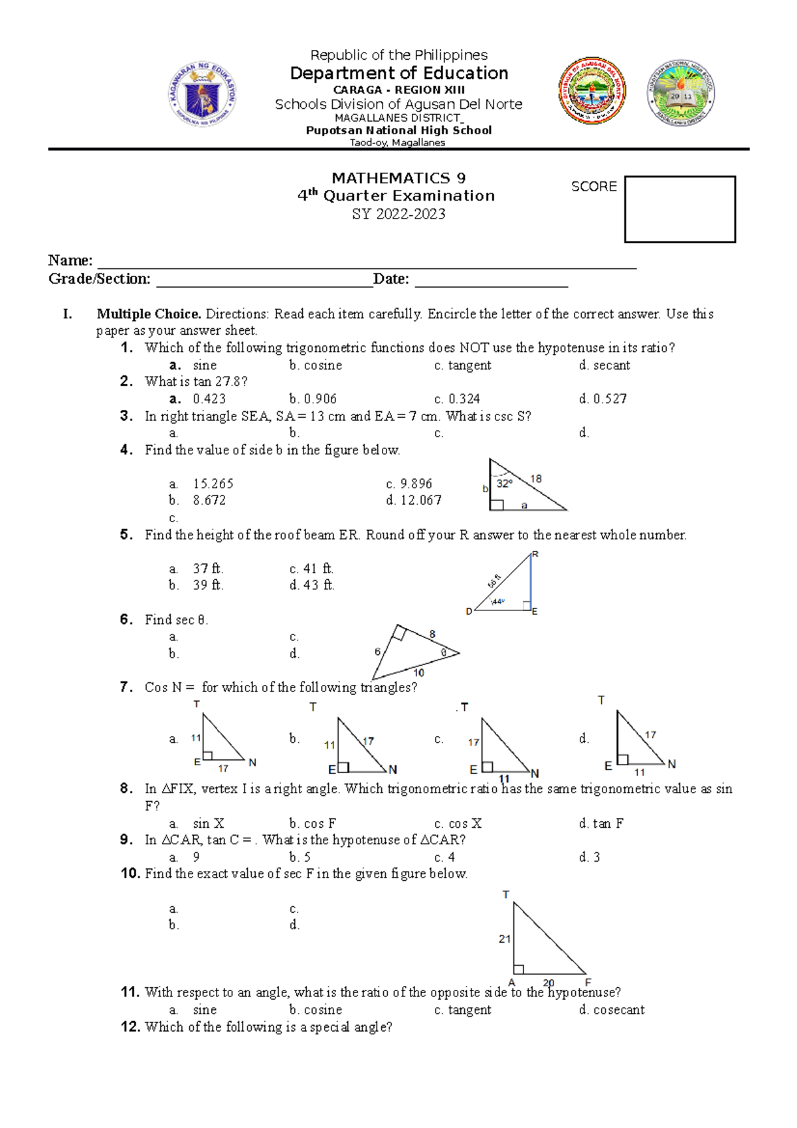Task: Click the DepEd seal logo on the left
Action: (201, 94)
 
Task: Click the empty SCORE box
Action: (679, 209)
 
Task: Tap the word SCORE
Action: (594, 187)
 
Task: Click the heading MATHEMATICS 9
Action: (398, 178)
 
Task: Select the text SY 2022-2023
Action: (398, 214)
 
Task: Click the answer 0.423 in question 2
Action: (209, 399)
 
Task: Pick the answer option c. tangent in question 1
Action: (463, 365)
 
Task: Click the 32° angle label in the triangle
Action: (504, 484)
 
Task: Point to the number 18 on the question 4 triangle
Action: (536, 478)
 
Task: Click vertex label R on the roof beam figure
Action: (535, 554)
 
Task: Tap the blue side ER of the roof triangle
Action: (531, 581)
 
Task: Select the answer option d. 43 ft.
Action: (312, 585)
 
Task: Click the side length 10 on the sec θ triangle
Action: (418, 672)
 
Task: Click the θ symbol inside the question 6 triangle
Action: (444, 652)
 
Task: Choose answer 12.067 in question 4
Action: (420, 500)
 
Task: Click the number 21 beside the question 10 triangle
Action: (505, 939)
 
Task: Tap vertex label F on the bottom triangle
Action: (588, 982)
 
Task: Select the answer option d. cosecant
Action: (612, 1010)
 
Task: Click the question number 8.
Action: (126, 789)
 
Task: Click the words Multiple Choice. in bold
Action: (149, 314)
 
